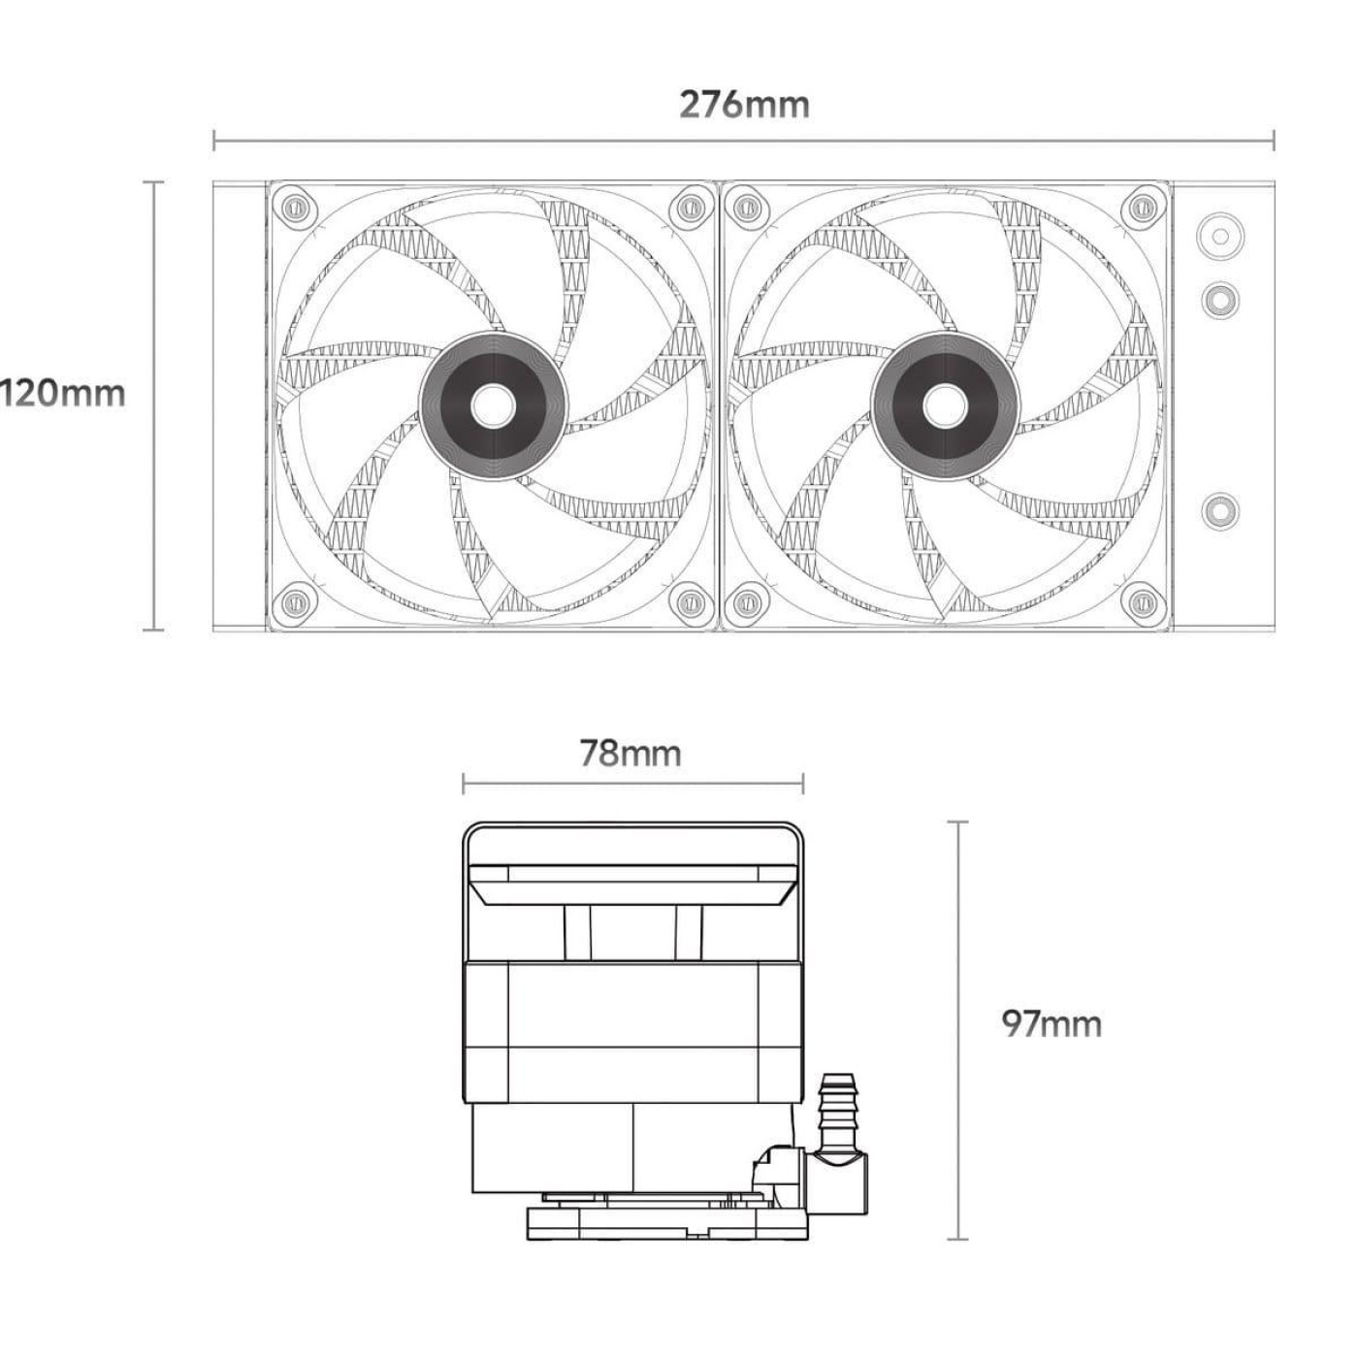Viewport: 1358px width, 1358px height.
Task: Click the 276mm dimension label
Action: coord(744,105)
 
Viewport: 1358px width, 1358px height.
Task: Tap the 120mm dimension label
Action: coord(62,393)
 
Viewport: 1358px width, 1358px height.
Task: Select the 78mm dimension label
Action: coord(630,753)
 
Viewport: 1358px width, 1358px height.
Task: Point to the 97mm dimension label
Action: coord(1051,1024)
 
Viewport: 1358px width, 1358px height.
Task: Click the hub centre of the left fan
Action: coord(493,406)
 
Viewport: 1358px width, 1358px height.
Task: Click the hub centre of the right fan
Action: coord(945,406)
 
